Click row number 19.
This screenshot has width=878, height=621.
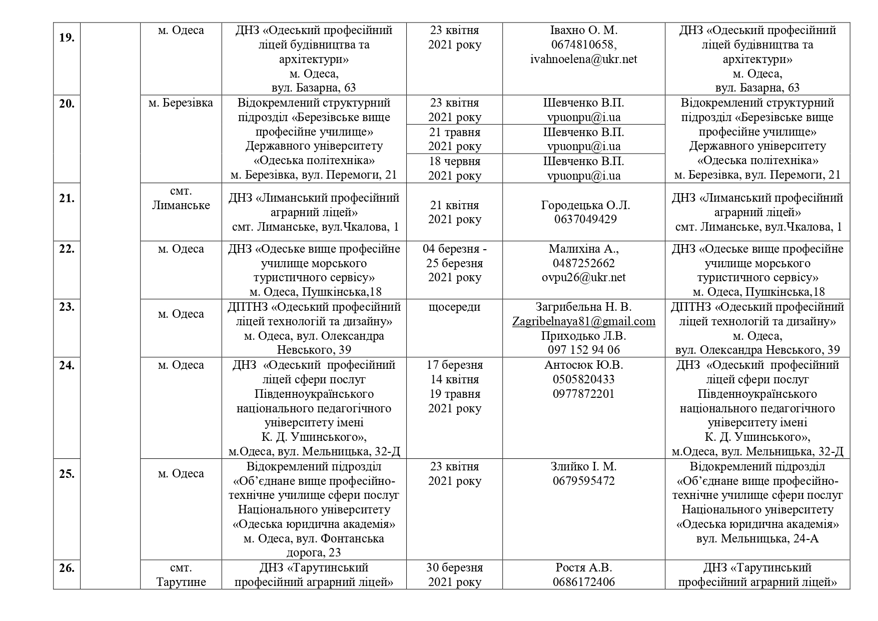67,38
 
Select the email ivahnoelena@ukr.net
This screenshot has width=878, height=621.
583,60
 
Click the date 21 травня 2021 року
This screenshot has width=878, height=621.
454,139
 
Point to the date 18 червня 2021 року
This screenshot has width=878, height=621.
454,168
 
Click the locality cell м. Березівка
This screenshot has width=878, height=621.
181,103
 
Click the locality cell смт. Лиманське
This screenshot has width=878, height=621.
181,198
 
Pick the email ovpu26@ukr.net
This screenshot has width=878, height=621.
583,277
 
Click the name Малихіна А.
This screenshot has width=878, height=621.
583,249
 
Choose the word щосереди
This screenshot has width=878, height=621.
454,307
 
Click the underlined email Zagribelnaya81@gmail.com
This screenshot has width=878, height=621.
583,321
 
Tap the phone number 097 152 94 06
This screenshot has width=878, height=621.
583,350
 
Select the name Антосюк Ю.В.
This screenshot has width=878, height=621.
583,365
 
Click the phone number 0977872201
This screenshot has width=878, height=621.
583,394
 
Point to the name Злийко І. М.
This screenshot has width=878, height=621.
583,466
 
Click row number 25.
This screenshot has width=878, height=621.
67,473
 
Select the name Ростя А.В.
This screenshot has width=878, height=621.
583,568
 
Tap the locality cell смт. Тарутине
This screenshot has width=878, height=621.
181,575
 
